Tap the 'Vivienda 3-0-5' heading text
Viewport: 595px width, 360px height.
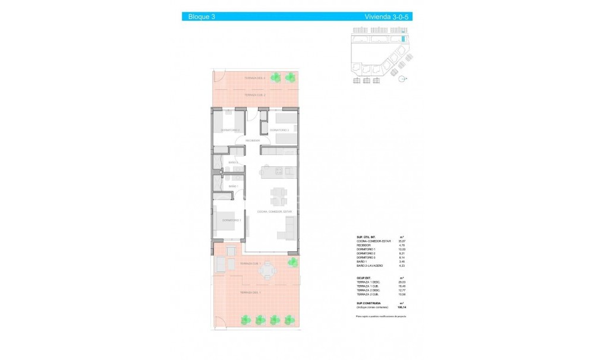point(387,17)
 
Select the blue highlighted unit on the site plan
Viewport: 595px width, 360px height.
point(404,39)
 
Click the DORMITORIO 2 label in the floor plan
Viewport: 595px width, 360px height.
point(229,130)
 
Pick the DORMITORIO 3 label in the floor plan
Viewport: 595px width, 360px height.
point(279,130)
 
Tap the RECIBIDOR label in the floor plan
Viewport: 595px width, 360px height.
point(253,141)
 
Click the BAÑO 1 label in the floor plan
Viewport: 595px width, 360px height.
point(233,187)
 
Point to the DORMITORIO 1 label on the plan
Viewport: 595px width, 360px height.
point(231,220)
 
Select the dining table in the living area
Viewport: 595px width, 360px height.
point(278,195)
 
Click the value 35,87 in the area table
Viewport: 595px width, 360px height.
point(402,240)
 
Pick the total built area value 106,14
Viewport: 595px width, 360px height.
point(402,308)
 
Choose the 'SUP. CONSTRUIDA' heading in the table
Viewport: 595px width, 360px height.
point(369,304)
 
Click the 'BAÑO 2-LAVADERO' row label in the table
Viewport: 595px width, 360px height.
point(369,266)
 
